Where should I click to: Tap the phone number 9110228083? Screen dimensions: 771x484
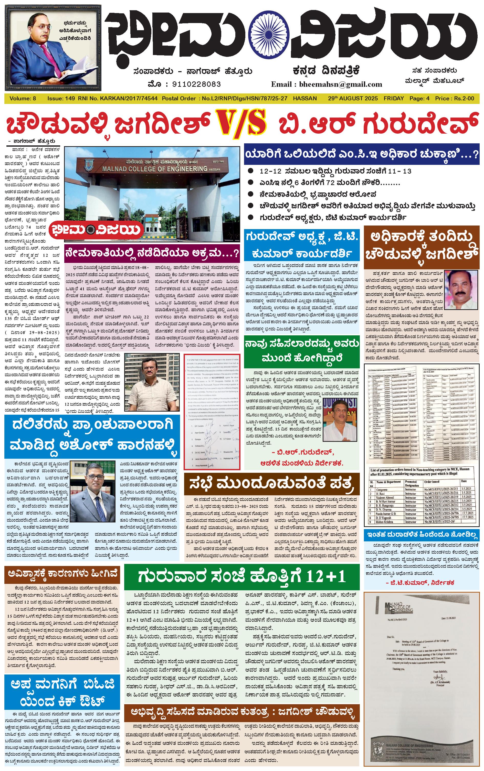pos(196,84)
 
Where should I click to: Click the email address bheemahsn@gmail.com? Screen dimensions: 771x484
pos(340,84)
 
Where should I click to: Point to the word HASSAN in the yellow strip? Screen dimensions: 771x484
pos(305,99)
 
